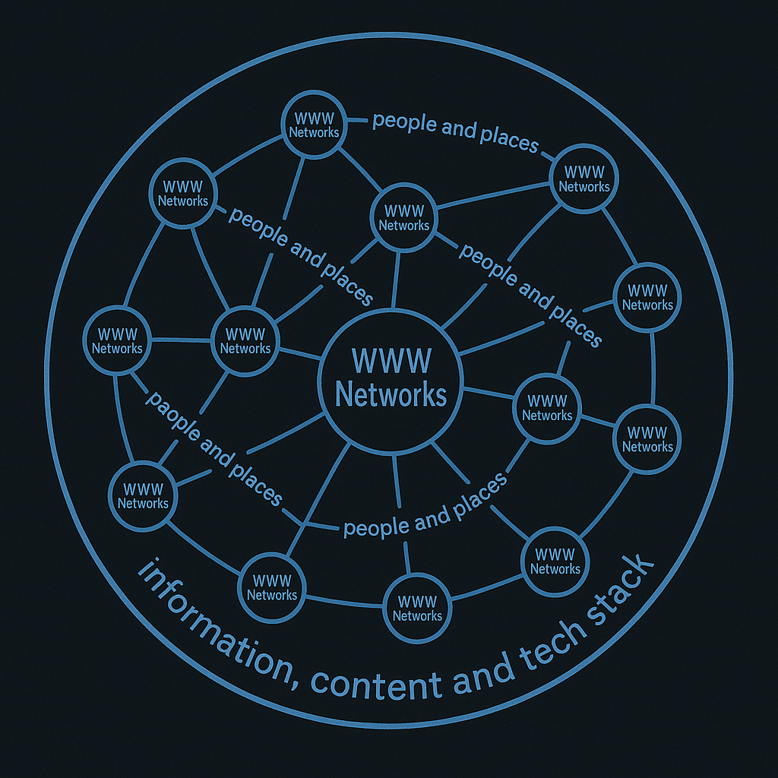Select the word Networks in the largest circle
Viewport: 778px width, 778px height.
click(x=391, y=395)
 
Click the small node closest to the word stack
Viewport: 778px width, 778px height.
click(x=555, y=561)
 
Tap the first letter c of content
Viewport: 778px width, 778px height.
click(x=319, y=681)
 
